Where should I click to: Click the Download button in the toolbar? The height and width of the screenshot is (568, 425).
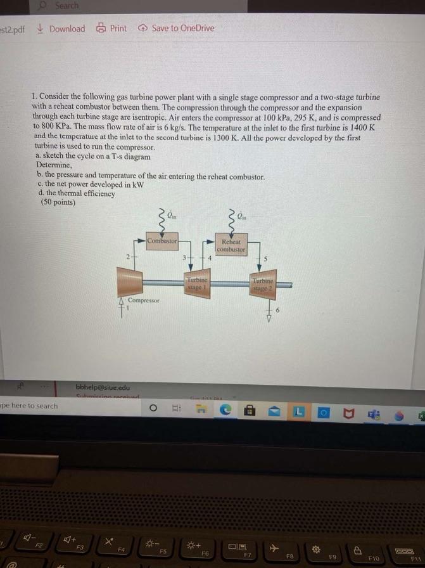coord(61,29)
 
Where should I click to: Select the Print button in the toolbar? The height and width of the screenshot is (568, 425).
coord(111,29)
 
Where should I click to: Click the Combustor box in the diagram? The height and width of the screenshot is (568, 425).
coord(162,242)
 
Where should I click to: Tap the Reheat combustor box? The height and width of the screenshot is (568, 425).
coord(231,245)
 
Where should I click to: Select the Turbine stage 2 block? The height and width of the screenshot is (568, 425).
coord(263,283)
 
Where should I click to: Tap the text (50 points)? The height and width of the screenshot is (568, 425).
coord(58,203)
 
